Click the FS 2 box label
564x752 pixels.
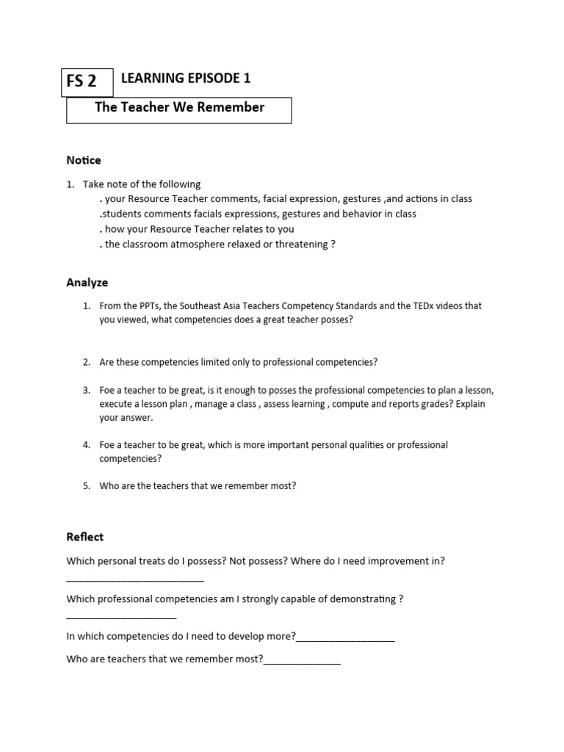82,82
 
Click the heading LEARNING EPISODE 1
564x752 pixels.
180,79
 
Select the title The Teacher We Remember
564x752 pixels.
179,107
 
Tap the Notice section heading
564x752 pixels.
84,160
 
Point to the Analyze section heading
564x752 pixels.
87,282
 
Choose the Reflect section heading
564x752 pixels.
84,537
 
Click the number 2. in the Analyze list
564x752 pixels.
86,362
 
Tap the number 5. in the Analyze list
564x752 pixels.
86,485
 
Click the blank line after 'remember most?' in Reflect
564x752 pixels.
302,660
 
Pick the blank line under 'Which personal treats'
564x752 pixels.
135,579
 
